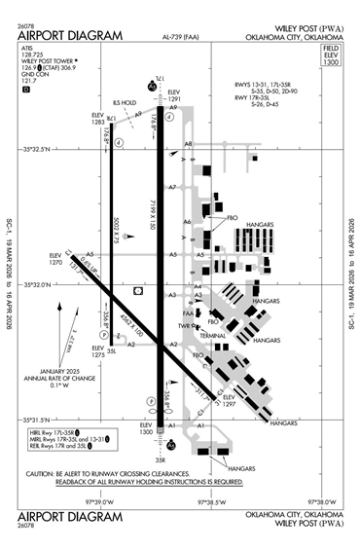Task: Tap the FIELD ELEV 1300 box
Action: click(x=330, y=55)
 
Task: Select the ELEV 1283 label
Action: click(x=97, y=118)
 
